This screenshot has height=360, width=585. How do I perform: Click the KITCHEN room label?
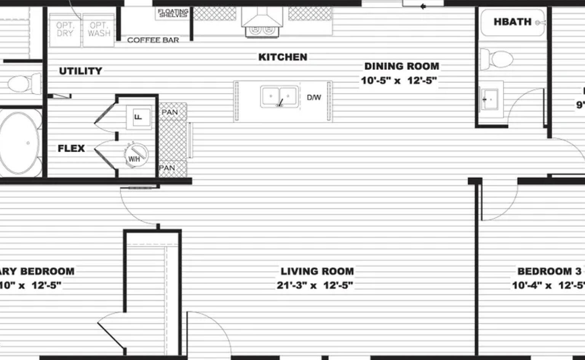283,57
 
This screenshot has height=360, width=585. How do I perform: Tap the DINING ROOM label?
401,66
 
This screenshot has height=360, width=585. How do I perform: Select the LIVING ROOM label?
317,271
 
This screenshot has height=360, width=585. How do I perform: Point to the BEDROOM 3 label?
549,271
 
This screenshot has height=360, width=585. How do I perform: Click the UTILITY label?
80,71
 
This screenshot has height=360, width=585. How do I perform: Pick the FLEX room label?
71,148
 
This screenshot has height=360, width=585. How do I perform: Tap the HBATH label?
512,22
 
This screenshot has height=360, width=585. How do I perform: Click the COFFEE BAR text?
153,40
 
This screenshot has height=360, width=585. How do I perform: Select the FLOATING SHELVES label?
173,13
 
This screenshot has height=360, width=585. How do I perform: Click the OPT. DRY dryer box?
65,30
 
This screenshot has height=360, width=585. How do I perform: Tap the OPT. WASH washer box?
99,30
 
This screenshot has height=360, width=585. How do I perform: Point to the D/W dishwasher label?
314,98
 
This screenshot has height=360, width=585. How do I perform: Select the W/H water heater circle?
135,155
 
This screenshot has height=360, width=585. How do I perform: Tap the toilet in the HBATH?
496,59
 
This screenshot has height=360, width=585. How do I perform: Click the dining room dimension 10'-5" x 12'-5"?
398,81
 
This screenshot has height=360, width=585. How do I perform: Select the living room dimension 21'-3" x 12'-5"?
315,285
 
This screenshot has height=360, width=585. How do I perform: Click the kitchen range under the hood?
262,29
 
